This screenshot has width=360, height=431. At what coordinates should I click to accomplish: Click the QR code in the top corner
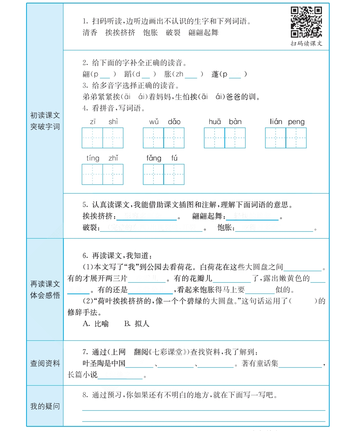pyautogui.click(x=306, y=22)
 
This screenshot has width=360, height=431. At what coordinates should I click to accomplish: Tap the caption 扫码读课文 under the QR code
pyautogui.click(x=306, y=44)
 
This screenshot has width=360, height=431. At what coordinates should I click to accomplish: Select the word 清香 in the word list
pyautogui.click(x=90, y=33)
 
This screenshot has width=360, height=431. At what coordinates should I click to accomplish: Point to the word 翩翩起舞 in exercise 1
pyautogui.click(x=203, y=33)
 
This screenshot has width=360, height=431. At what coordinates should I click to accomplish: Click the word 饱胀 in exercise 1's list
pyautogui.click(x=150, y=33)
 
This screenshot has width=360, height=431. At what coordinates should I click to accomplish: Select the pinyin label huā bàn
pyautogui.click(x=225, y=122)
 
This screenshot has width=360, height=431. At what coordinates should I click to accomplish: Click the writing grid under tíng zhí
pyautogui.click(x=103, y=174)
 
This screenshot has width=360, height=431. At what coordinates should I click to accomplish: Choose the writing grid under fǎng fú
pyautogui.click(x=164, y=174)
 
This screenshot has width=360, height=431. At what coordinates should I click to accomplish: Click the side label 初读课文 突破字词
pyautogui.click(x=45, y=121)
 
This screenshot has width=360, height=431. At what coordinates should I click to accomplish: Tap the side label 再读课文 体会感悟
pyautogui.click(x=45, y=290)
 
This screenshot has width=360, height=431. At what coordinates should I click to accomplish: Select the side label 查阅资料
pyautogui.click(x=45, y=363)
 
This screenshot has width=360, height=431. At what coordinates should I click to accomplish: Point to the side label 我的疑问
pyautogui.click(x=45, y=406)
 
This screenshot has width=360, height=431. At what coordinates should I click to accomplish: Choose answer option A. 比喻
pyautogui.click(x=96, y=324)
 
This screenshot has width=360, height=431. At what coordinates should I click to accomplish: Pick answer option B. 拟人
pyautogui.click(x=137, y=324)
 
